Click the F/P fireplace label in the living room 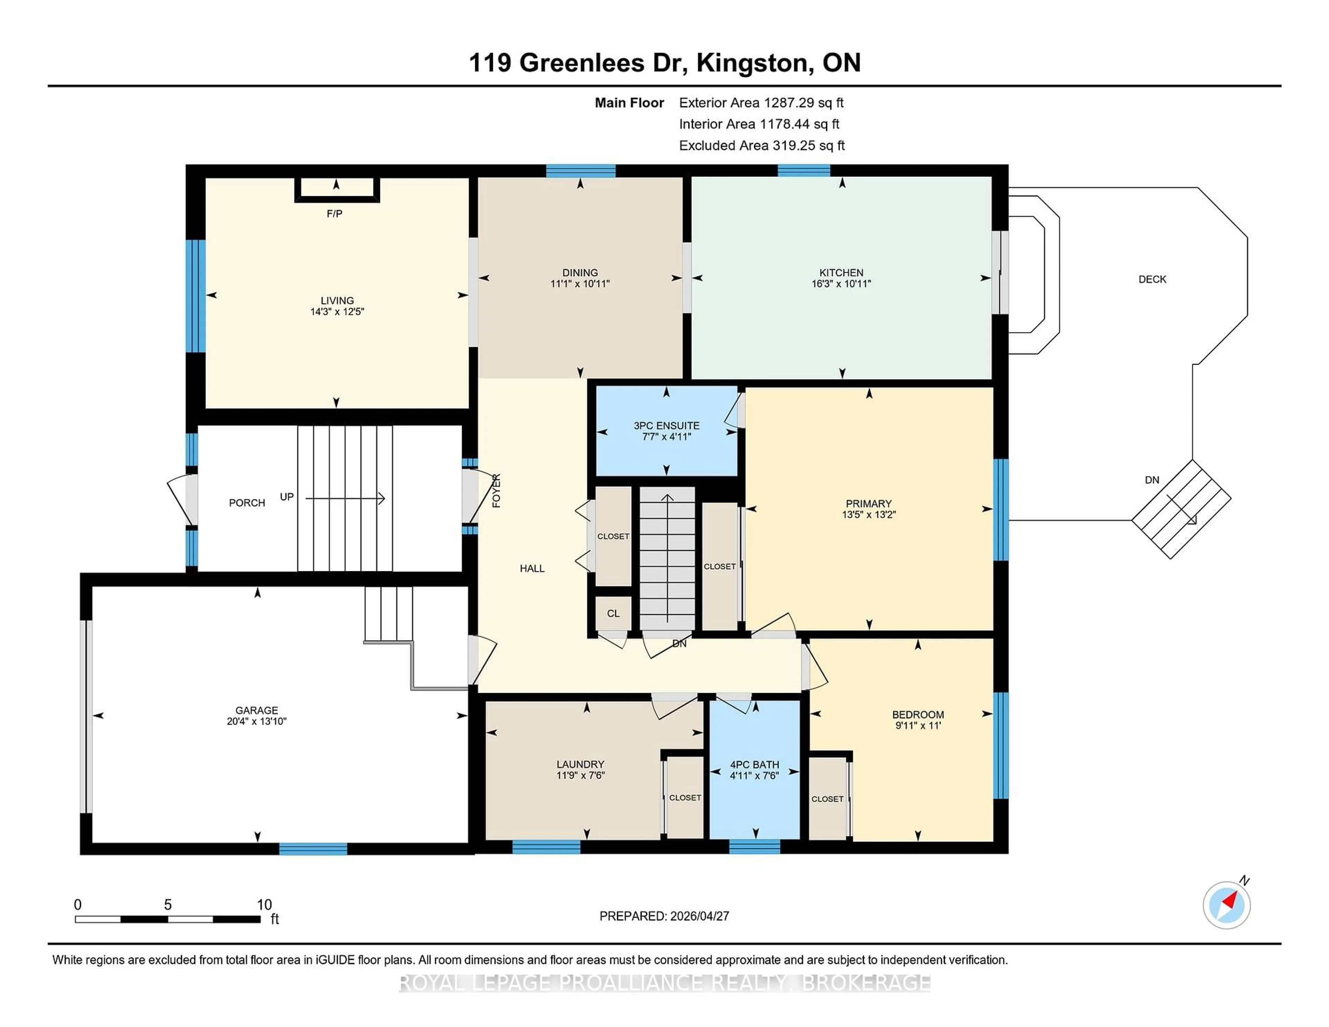(334, 213)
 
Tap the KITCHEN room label (841, 273)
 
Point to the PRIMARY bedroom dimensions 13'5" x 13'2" (868, 514)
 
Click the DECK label (1152, 279)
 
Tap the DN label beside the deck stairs (1151, 480)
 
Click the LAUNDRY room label (580, 764)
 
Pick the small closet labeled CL (613, 613)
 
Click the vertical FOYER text (496, 490)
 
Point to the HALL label (532, 568)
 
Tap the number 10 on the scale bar (264, 905)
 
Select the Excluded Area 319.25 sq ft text (761, 145)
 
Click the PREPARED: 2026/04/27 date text (664, 916)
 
